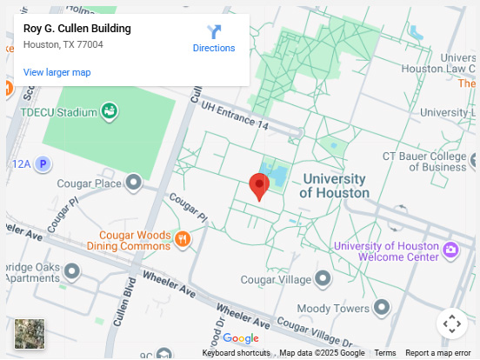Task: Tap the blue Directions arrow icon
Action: pos(214,31)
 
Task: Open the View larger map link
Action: pos(57,72)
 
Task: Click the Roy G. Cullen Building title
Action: pos(77,29)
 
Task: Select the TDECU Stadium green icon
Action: pos(110,111)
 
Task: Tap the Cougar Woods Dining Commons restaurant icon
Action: pos(182,238)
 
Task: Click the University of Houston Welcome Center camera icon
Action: pos(450,251)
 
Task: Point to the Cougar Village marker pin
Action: pos(323,279)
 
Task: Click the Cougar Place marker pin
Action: pos(133,183)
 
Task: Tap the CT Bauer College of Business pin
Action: pos(474,159)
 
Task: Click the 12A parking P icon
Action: pos(43,163)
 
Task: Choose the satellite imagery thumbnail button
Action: pos(30,335)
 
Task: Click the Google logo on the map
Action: pos(241,338)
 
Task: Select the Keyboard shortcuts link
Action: pos(236,353)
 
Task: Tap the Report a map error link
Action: pos(437,353)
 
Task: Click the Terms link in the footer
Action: pos(384,353)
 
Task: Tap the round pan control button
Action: pos(451,324)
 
